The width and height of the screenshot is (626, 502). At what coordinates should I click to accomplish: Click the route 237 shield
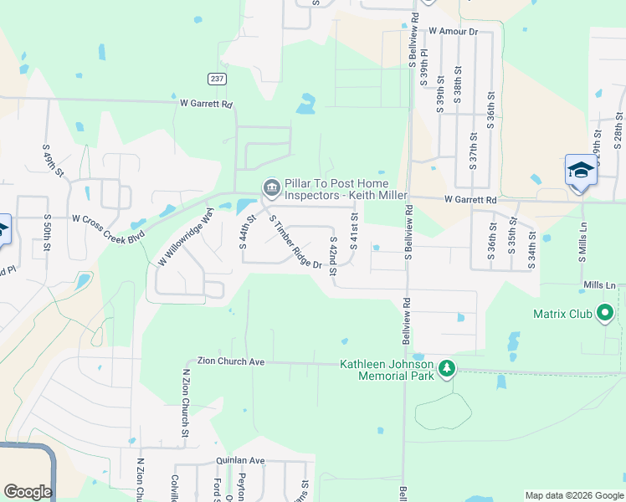coord(216,78)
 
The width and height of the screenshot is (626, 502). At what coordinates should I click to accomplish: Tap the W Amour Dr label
coord(452,31)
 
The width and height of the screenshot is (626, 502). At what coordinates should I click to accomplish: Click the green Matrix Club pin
coord(604,315)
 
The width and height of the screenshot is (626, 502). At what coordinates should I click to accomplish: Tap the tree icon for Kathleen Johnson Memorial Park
coord(447,369)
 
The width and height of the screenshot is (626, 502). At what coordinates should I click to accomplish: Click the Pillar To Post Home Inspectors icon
coord(270,186)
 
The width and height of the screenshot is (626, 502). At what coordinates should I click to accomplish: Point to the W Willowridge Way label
coord(187,238)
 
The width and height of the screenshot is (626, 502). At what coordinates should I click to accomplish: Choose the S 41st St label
coord(354,230)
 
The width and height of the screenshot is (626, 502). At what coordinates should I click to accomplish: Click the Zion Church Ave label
coord(230,361)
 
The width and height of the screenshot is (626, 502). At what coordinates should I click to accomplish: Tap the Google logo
coord(28,492)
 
